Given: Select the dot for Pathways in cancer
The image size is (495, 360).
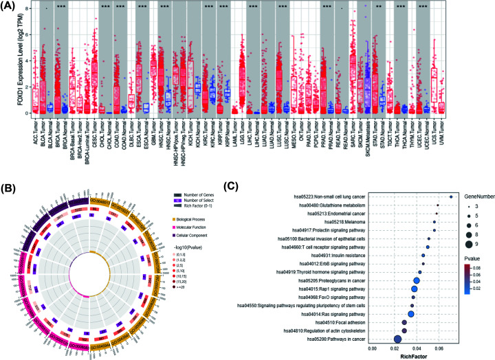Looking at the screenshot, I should [x=397, y=339].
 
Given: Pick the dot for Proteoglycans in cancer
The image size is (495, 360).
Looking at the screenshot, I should [x=415, y=281].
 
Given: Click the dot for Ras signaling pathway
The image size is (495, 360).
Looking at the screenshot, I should [x=410, y=313].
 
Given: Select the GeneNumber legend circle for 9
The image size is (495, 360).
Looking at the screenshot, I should [x=466, y=243].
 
